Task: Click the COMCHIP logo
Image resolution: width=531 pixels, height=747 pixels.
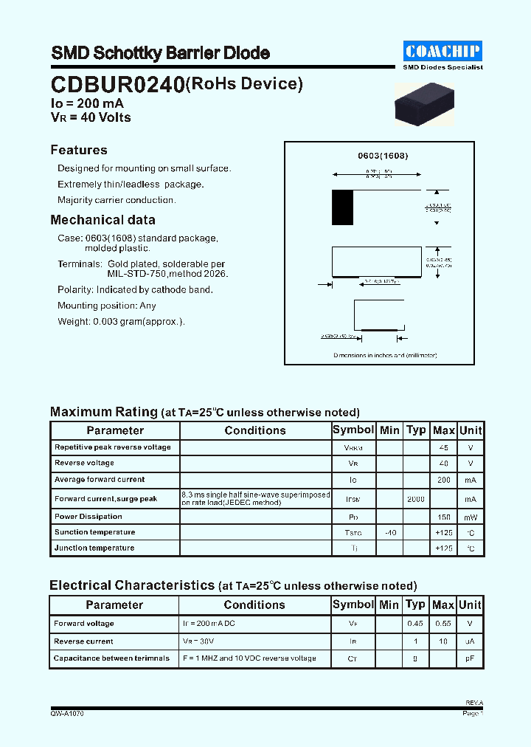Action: [x=442, y=51]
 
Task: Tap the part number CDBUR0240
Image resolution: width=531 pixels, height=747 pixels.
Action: [x=117, y=86]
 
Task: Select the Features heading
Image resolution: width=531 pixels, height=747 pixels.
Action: [x=79, y=150]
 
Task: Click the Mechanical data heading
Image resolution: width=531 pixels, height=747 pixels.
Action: [x=103, y=220]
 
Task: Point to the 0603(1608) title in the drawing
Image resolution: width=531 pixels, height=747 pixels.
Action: [x=383, y=156]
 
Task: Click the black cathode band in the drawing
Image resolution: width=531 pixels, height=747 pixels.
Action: [x=342, y=207]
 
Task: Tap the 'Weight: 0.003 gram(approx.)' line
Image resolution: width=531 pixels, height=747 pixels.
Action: [x=121, y=321]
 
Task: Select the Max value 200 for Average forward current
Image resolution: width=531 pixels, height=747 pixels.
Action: [x=443, y=480]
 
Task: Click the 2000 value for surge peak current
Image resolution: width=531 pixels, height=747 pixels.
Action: [x=416, y=499]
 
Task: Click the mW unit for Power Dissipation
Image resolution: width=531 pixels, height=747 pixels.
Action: [x=470, y=517]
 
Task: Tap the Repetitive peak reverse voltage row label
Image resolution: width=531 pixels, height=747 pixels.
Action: [x=112, y=447]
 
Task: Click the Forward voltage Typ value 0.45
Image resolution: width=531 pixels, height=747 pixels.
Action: [x=416, y=624]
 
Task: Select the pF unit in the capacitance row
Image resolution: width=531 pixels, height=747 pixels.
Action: [x=470, y=658]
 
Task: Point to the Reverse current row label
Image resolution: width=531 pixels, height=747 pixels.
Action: [x=83, y=641]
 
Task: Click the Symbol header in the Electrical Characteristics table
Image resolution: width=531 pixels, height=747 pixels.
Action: [x=353, y=605]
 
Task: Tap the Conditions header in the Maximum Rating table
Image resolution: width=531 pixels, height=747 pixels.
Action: [x=255, y=430]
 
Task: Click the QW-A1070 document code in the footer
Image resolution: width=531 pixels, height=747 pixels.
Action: [x=67, y=714]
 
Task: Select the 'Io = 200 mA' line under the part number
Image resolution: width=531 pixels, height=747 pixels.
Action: [x=87, y=104]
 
